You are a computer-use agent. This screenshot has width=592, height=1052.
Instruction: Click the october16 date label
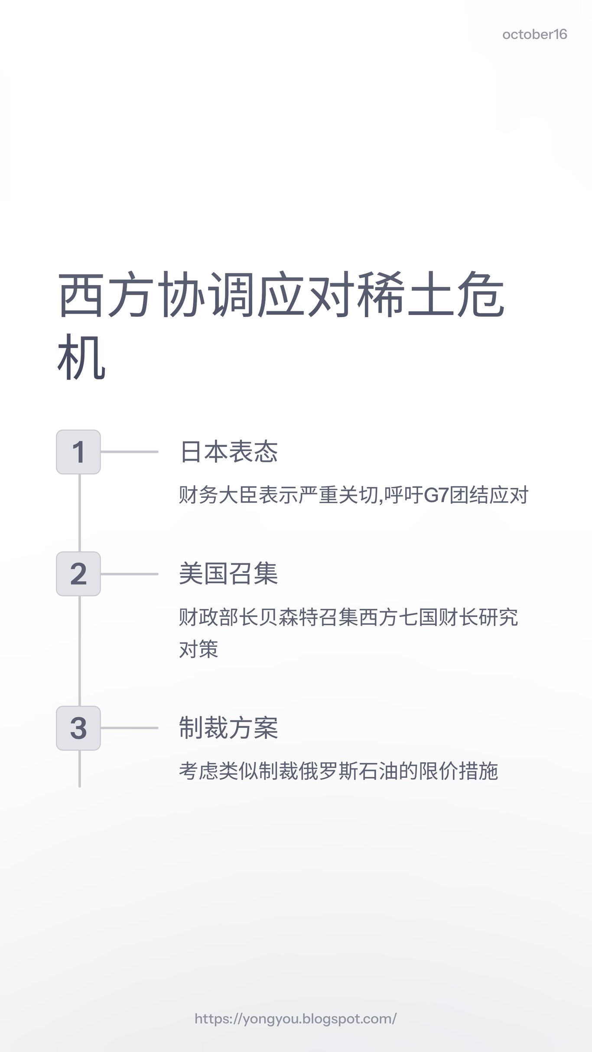pyautogui.click(x=534, y=35)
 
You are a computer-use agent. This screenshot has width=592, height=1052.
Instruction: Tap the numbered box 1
pyautogui.click(x=78, y=452)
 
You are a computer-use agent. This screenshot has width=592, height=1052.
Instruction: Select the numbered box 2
pyautogui.click(x=78, y=574)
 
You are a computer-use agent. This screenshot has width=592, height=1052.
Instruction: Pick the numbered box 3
pyautogui.click(x=78, y=728)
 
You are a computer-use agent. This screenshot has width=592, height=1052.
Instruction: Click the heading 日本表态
pyautogui.click(x=228, y=452)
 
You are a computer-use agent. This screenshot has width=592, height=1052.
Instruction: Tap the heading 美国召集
pyautogui.click(x=228, y=574)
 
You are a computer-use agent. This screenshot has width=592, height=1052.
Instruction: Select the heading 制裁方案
pyautogui.click(x=228, y=728)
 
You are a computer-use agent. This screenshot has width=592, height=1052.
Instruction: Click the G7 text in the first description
pyautogui.click(x=436, y=495)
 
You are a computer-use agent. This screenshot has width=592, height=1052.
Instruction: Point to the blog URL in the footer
pyautogui.click(x=296, y=1019)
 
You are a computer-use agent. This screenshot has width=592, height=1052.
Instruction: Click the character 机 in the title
pyautogui.click(x=81, y=357)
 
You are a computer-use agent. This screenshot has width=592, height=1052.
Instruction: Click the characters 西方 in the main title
pyautogui.click(x=106, y=295)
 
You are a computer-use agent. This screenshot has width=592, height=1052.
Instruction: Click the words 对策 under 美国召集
pyautogui.click(x=198, y=649)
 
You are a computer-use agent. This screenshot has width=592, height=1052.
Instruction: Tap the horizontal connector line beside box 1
pyautogui.click(x=129, y=452)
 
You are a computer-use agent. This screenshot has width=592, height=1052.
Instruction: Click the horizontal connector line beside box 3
pyautogui.click(x=129, y=728)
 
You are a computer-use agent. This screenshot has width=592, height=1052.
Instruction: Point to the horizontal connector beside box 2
pyautogui.click(x=129, y=574)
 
